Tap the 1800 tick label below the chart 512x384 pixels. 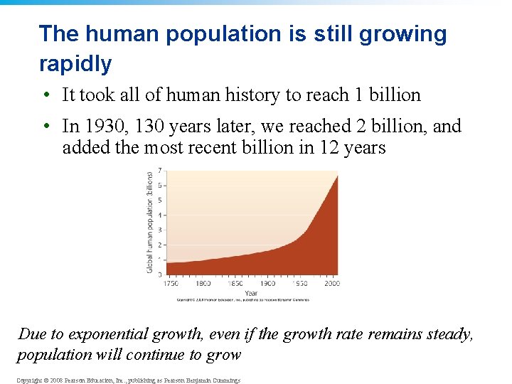204,284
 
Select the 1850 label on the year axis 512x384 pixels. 236,284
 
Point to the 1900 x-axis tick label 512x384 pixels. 268,284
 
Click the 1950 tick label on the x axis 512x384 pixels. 300,284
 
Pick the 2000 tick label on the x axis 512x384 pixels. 332,284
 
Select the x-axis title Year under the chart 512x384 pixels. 251,292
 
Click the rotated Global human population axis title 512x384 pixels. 149,222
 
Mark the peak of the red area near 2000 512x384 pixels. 337,176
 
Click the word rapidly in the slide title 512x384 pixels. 75,64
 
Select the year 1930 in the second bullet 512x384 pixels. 100,127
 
